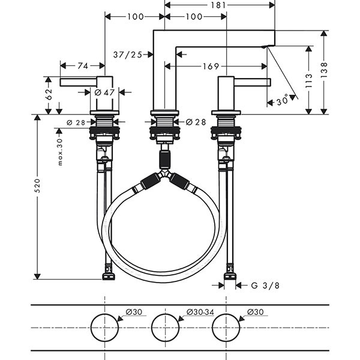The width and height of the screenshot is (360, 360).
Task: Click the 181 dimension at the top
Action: tap(220, 5)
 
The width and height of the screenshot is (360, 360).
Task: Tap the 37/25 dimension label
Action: tap(127, 55)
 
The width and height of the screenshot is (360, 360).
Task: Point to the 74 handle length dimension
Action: tap(83, 66)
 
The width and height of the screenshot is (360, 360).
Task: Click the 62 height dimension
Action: tap(49, 94)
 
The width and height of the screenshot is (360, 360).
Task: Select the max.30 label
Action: tap(60, 151)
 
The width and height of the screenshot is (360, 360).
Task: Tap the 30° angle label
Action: tap(281, 101)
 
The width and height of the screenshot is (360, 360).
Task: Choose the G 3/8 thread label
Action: tap(265, 285)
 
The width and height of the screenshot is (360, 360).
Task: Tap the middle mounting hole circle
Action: tap(166, 327)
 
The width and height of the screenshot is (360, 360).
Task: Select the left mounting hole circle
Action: tap(105, 327)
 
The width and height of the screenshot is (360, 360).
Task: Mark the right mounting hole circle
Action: tap(226, 327)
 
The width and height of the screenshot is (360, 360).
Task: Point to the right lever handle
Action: tap(252, 82)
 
